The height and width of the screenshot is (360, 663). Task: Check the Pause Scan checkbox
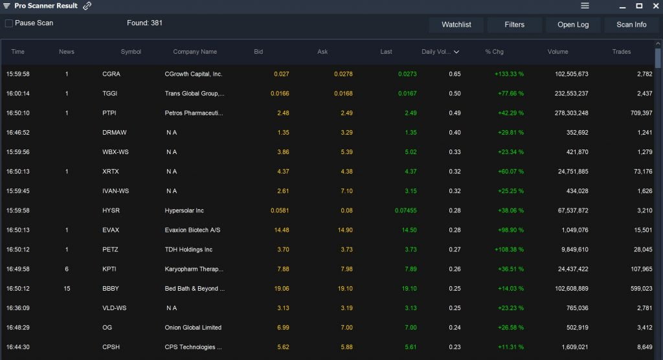[9, 23]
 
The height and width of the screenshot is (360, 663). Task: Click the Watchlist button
[456, 25]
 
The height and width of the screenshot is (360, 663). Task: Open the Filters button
[515, 25]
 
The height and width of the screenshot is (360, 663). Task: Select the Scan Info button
[631, 25]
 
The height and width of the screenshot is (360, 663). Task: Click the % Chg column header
[494, 52]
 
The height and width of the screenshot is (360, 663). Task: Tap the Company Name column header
[195, 52]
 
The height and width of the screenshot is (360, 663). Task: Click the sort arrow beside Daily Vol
[456, 52]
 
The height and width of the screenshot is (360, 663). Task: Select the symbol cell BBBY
[111, 289]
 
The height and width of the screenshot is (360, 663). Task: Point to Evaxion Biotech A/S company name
[192, 230]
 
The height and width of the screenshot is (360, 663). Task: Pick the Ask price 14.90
[344, 230]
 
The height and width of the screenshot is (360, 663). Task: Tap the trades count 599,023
[640, 289]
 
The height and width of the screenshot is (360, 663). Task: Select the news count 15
[67, 289]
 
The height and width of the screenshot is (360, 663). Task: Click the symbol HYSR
[111, 210]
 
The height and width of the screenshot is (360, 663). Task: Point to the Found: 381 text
[144, 23]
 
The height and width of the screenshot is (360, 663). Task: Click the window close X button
[655, 6]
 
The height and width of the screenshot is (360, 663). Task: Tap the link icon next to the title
[87, 6]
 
